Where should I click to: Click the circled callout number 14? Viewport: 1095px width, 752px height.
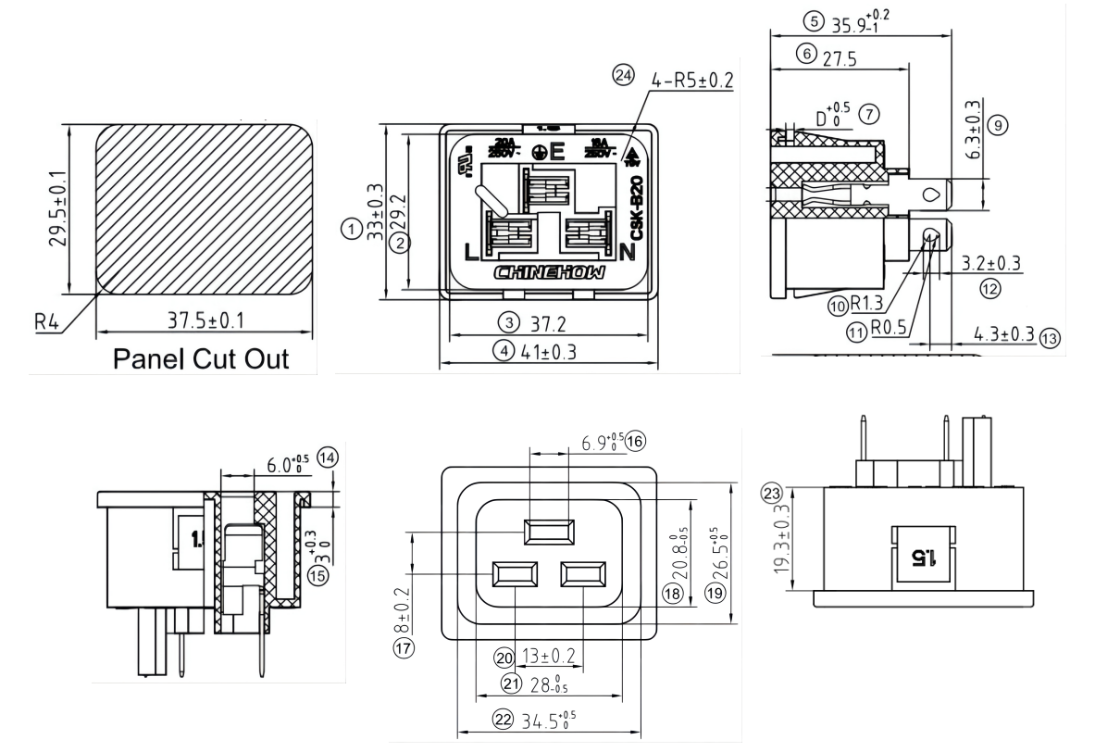coord(327,456)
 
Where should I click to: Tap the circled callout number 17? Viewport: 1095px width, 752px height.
coord(404,648)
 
